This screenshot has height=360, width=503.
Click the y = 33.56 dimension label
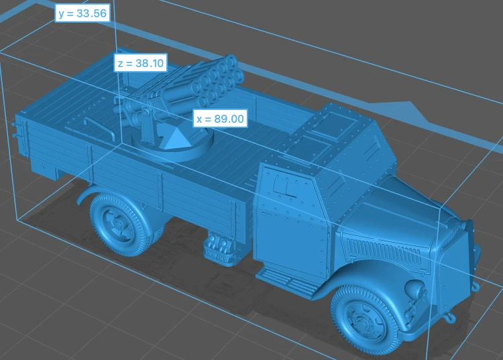[82, 13]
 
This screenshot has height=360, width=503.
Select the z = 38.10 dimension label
[141, 63]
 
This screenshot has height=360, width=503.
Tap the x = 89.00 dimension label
[220, 119]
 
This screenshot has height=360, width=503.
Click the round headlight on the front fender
[414, 288]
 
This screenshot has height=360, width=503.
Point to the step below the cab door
[286, 282]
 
